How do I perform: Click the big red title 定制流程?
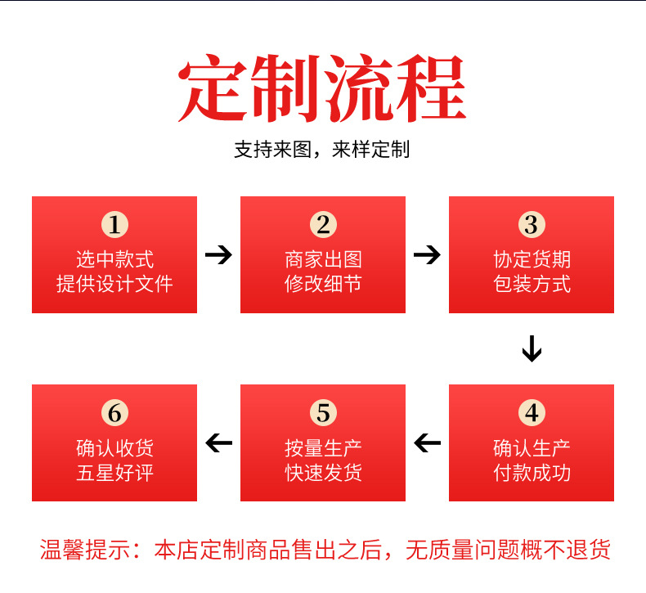(x=322, y=88)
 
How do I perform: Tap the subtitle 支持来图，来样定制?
(x=322, y=149)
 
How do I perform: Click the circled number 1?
(x=115, y=225)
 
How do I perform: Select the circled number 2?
(x=324, y=225)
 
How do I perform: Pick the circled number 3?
(x=532, y=225)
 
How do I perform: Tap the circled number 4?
(x=532, y=412)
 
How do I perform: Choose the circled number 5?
(x=324, y=412)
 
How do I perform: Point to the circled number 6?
(x=115, y=412)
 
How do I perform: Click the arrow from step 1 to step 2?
(x=219, y=254)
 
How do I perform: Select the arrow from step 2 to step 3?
(x=427, y=254)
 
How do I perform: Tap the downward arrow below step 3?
(x=532, y=348)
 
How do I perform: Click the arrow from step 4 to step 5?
(x=427, y=443)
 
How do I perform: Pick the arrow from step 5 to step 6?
(x=219, y=443)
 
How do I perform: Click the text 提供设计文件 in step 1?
(x=114, y=284)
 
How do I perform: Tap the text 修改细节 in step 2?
(x=324, y=284)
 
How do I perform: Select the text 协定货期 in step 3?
(x=532, y=259)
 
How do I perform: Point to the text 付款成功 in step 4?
(x=532, y=472)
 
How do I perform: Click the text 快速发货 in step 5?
(x=324, y=472)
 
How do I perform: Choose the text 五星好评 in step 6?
(x=115, y=472)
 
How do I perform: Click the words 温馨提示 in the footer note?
(x=85, y=550)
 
